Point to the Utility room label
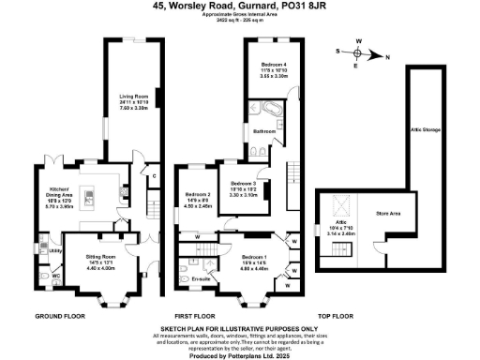55,251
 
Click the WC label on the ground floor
55,276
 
